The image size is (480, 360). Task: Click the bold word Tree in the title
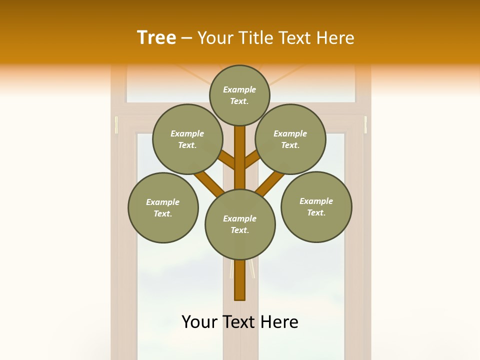156,38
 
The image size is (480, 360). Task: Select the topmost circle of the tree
239,95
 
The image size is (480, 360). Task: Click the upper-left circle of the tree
187,139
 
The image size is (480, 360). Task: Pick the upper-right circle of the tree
290,139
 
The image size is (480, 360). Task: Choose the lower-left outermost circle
163,207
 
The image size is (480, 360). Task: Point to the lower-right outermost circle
316,206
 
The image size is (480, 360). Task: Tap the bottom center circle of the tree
240,224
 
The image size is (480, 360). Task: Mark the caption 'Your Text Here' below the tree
239,322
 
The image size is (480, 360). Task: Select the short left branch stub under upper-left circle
227,161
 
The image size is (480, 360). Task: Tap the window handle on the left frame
116,125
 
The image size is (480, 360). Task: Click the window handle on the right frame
365,125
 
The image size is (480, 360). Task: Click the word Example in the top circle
239,90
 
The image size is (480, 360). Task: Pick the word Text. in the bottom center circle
239,230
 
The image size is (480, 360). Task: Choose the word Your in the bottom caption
199,322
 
